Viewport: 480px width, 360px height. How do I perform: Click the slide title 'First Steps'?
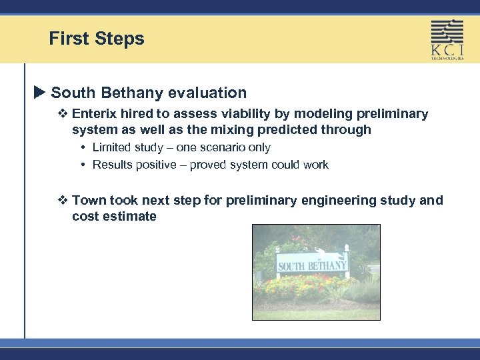click(96, 39)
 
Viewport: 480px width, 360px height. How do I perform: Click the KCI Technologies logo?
click(447, 39)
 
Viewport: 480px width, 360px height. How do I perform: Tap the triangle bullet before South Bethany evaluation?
click(39, 93)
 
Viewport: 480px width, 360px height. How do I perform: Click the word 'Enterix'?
click(95, 114)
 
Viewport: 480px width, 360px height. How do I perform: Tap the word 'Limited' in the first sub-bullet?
click(112, 147)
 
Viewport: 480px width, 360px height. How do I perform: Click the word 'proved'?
click(208, 165)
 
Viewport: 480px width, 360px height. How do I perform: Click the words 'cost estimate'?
click(114, 216)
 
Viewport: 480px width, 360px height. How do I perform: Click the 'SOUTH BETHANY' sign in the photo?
click(312, 265)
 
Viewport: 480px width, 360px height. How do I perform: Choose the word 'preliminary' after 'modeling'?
click(387, 114)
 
